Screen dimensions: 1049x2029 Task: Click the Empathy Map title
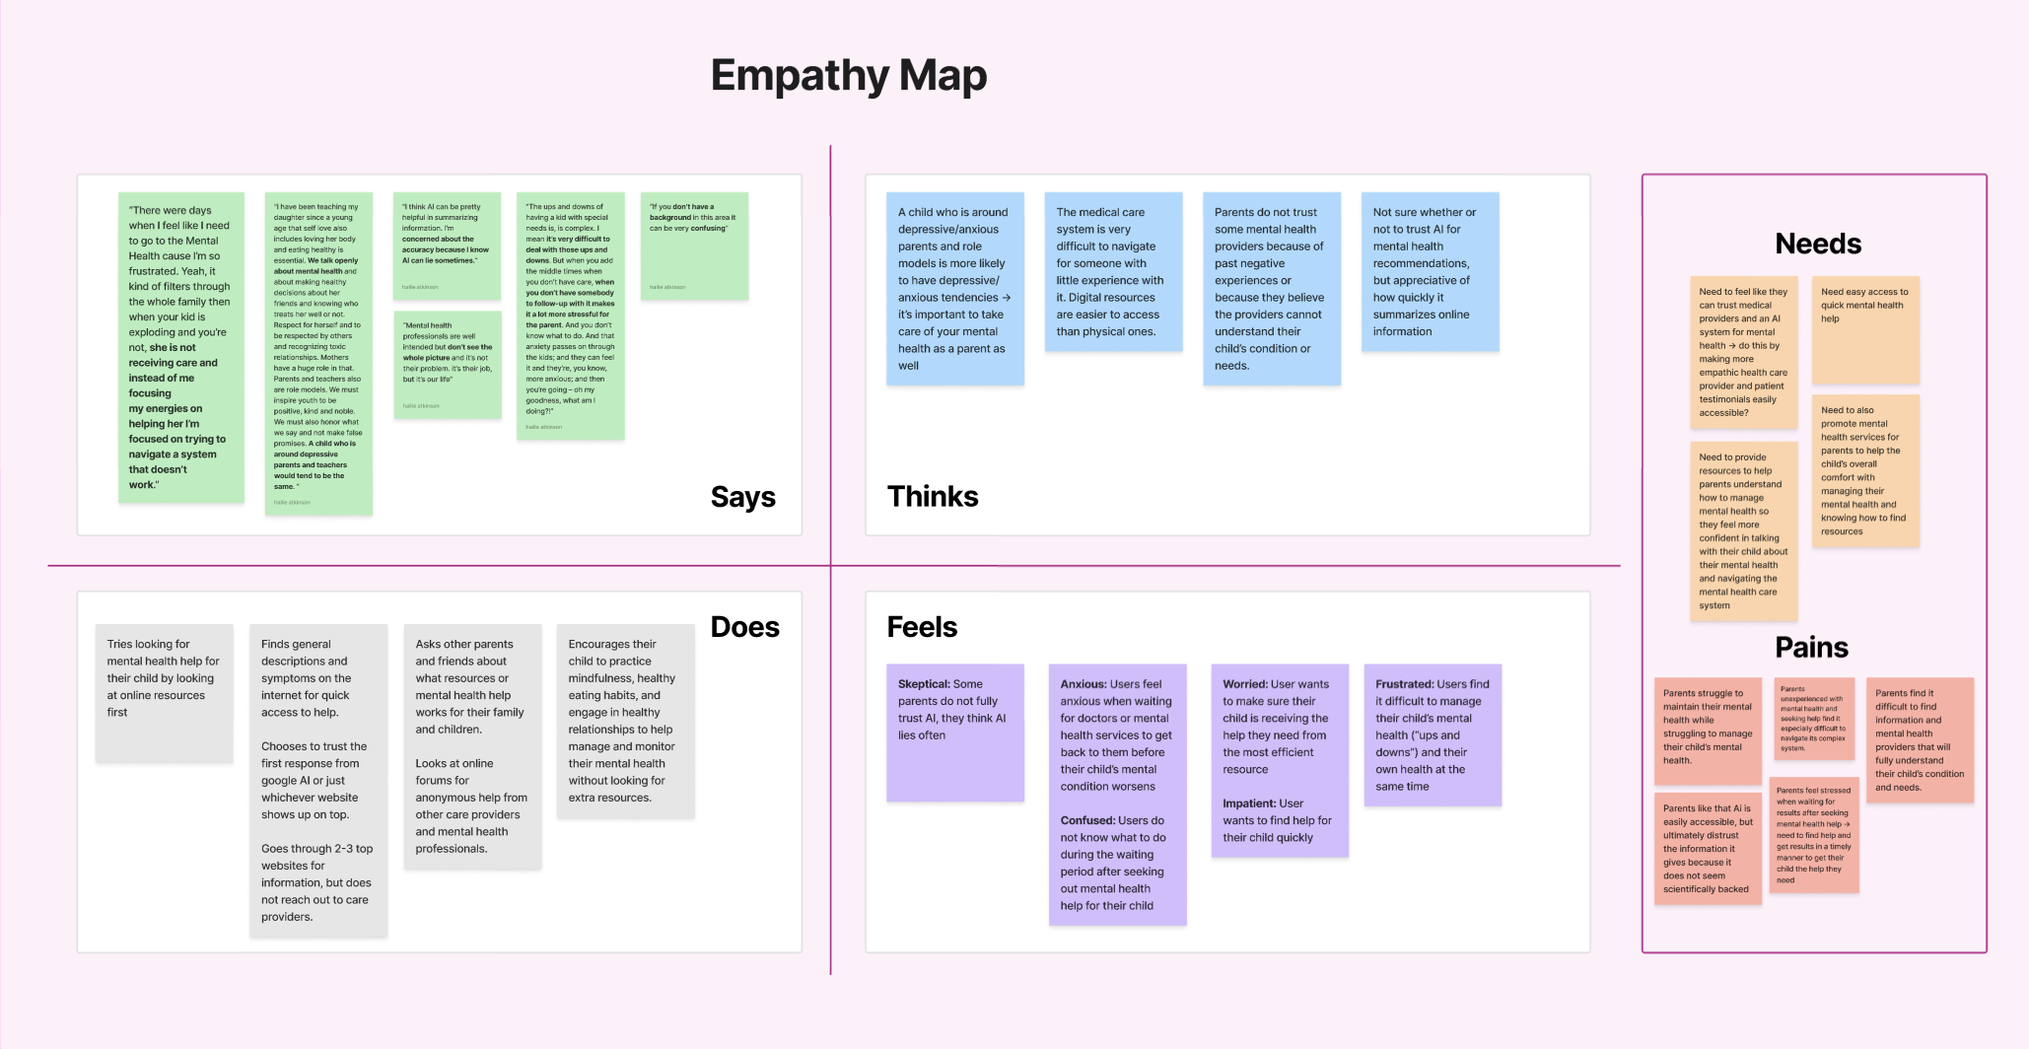[849, 76]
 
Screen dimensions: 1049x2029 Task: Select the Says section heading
[742, 497]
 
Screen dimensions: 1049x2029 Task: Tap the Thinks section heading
[932, 496]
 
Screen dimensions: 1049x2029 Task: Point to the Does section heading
[744, 627]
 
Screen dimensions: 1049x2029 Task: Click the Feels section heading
[922, 627]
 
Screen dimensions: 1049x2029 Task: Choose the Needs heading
[1817, 244]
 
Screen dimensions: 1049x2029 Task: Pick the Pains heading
[1811, 647]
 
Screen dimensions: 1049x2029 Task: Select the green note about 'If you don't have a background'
[694, 245]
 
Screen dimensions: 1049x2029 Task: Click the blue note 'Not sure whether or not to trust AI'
[1429, 272]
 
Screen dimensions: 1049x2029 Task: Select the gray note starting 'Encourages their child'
[625, 721]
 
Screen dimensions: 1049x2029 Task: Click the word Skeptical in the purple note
[923, 684]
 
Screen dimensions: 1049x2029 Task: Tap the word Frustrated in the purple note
[1404, 684]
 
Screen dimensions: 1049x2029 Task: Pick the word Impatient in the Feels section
[1249, 804]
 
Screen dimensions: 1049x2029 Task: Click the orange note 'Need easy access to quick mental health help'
[1864, 329]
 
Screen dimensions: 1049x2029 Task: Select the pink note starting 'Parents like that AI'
[1707, 848]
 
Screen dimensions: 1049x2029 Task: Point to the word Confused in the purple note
[1086, 820]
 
